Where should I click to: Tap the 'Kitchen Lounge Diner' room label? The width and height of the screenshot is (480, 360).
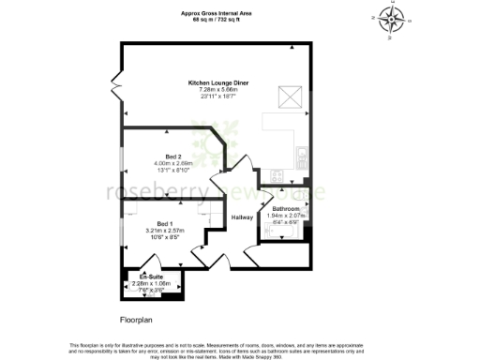(216, 83)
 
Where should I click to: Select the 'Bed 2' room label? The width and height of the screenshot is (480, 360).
(172, 156)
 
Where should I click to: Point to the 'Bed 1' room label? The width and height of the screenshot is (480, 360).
(165, 223)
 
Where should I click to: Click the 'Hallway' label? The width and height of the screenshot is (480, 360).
(243, 217)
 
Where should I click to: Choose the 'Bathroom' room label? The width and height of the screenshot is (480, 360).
(286, 208)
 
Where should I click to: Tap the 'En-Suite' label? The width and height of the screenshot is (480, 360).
(151, 276)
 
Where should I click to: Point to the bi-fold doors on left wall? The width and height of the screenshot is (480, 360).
(115, 86)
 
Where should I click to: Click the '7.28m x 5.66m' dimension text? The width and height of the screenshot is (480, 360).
(216, 90)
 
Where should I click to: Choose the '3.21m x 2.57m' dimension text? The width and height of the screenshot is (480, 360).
(165, 231)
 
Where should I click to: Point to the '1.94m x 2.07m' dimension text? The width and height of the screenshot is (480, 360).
(286, 215)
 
